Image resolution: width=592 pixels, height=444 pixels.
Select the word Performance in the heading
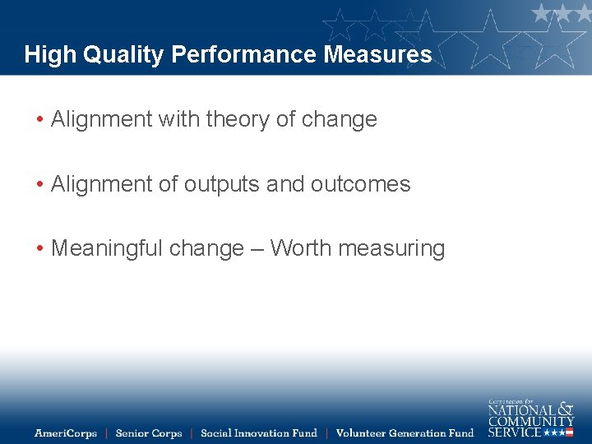pos(244,55)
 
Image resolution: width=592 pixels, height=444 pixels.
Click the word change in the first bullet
pos(339,119)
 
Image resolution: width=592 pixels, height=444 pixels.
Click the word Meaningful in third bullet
pos(107,248)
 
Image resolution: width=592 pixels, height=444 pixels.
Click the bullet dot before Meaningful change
pos(39,248)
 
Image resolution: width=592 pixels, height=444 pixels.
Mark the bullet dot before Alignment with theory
pos(39,119)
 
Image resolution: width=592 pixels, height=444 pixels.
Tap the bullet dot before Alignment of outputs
pos(39,183)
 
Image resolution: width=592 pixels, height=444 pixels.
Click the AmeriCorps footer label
pos(66,432)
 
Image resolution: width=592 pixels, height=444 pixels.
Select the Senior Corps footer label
pos(149,432)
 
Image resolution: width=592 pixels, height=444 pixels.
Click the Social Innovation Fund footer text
pos(258,432)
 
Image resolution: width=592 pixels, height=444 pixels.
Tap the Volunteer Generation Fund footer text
pos(405,432)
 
